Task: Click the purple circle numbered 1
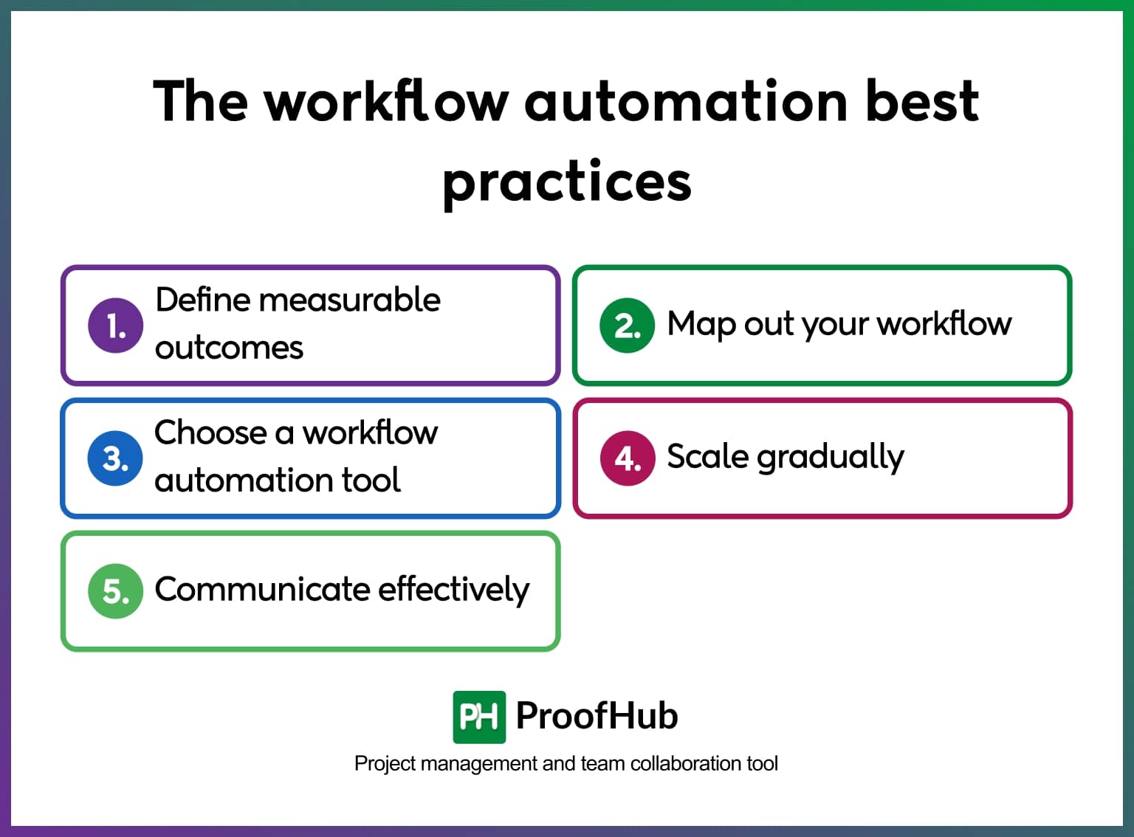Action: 115,325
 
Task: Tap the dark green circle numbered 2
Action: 627,325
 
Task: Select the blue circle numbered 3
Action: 115,458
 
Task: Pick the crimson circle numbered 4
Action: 627,458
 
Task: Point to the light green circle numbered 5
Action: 115,590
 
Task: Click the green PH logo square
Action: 479,717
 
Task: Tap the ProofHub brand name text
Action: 597,715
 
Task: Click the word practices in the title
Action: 567,182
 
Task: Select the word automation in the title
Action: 686,101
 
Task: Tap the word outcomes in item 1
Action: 229,348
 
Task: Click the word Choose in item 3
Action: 210,433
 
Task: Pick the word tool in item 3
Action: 371,480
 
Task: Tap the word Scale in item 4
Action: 707,456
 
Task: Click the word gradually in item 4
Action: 831,458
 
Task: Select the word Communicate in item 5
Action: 262,589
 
